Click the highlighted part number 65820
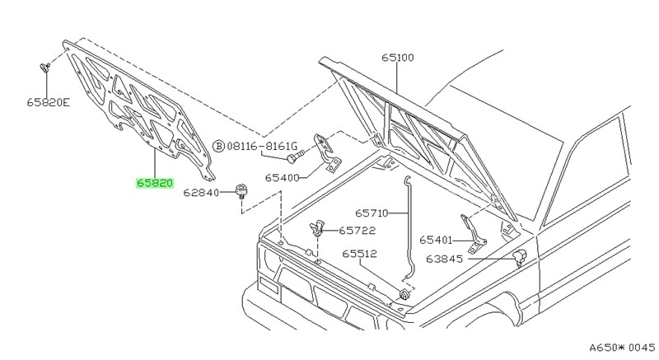pos(154,183)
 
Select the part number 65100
pos(397,58)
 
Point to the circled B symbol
pos(218,146)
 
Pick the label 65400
pos(282,177)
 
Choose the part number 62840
pos(202,194)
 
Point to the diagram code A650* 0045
pos(610,347)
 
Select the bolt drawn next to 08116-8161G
pos(295,153)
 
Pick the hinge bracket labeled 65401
pos(472,232)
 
